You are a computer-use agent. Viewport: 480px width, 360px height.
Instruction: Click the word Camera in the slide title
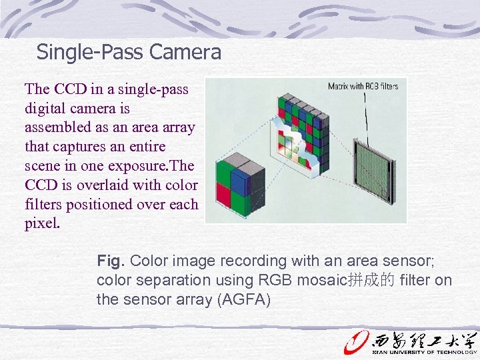point(187,51)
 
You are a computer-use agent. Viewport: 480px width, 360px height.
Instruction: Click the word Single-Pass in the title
point(92,51)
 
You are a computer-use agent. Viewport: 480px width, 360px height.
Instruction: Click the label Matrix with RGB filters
point(363,86)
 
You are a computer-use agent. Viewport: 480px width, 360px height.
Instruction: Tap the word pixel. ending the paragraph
point(43,223)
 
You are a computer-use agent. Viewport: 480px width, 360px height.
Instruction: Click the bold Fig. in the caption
point(111,261)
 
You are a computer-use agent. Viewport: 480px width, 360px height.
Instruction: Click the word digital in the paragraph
point(43,108)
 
